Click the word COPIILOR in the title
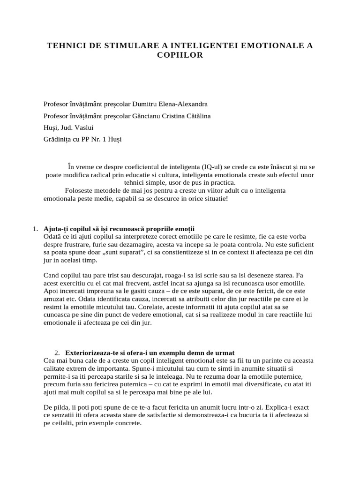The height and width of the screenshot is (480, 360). (180, 55)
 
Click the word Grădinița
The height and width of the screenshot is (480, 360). (58, 139)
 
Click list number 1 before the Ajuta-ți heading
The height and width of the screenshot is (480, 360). (36, 229)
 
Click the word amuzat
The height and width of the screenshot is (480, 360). (54, 299)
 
